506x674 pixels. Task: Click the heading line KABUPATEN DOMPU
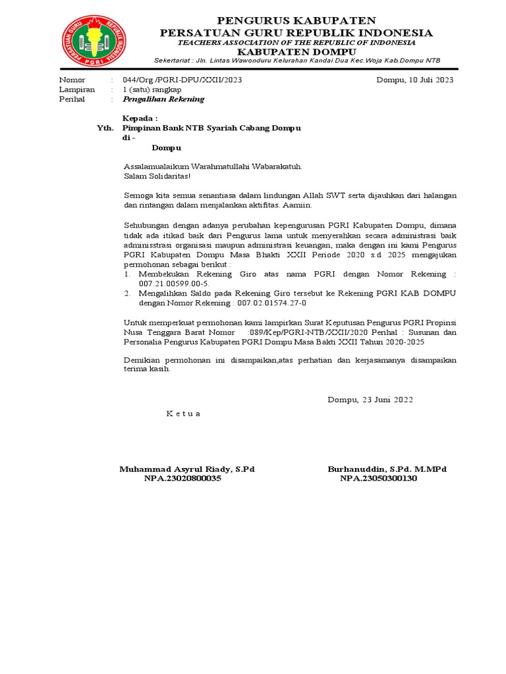tap(296, 51)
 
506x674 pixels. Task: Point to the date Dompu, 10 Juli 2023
tap(414, 80)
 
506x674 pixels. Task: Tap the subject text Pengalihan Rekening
tap(163, 99)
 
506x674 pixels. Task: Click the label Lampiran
tap(76, 90)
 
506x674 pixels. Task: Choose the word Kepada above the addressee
tap(140, 118)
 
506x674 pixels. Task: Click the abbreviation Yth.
tap(105, 128)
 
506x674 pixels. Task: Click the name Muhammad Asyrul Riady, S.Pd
tap(186, 469)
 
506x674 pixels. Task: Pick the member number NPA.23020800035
tap(183, 479)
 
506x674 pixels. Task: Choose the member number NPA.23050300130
tap(378, 479)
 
